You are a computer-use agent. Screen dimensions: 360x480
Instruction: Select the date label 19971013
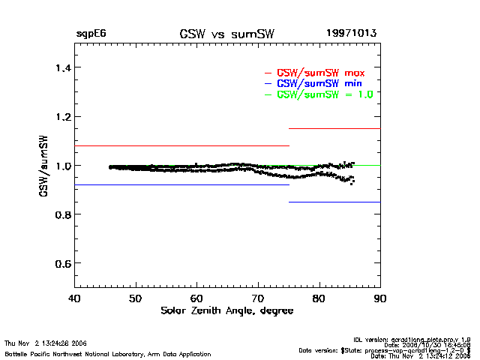point(351,34)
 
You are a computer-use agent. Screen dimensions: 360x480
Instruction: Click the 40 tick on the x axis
point(74,298)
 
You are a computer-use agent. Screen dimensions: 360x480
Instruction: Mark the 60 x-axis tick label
point(196,298)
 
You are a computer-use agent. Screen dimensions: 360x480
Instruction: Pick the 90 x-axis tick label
point(380,298)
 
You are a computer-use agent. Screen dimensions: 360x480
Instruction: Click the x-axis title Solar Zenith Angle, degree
point(226,310)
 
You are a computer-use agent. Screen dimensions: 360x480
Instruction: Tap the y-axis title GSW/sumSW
point(45,166)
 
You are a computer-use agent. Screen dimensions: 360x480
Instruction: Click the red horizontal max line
point(180,145)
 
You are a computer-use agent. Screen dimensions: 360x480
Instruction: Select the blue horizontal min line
point(180,184)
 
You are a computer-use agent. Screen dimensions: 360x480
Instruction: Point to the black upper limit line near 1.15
point(334,129)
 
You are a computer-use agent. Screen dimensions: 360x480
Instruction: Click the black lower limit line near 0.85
point(334,202)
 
